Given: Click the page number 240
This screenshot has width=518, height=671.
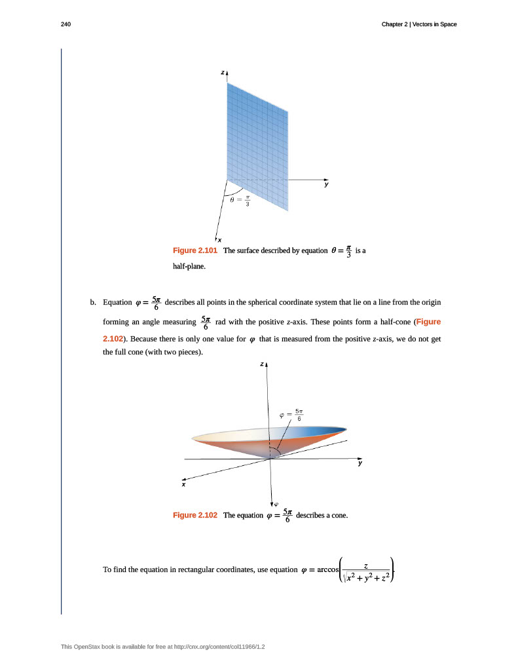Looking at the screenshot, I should pos(65,24).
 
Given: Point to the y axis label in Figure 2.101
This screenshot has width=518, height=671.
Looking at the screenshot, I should pos(325,185).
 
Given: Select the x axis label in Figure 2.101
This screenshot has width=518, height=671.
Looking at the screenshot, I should pos(219,240).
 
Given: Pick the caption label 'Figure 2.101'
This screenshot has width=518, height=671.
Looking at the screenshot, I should pos(194,250).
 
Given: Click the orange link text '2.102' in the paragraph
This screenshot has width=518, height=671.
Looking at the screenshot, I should pos(113,339).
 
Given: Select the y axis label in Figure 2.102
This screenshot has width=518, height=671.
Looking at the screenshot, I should pos(360,463).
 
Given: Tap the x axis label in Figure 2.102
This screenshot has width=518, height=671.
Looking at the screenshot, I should pos(183,485).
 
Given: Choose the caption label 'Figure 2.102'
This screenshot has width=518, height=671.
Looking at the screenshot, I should pos(194,515).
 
